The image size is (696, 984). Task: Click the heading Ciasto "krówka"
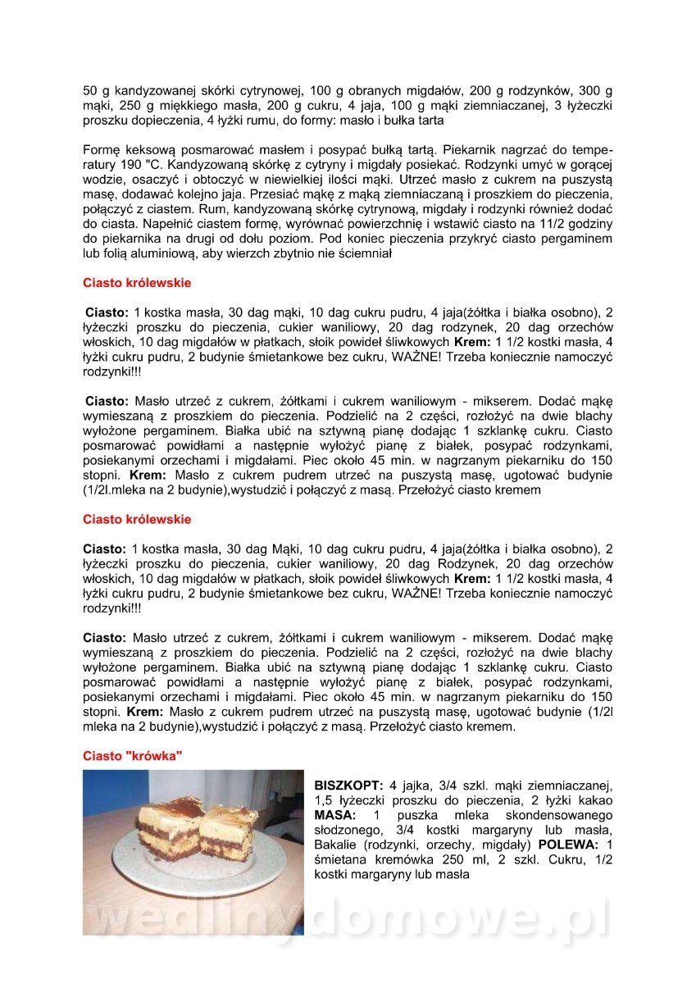(x=132, y=755)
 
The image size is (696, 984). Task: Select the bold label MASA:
(x=335, y=815)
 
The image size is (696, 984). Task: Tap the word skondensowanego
(x=561, y=815)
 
